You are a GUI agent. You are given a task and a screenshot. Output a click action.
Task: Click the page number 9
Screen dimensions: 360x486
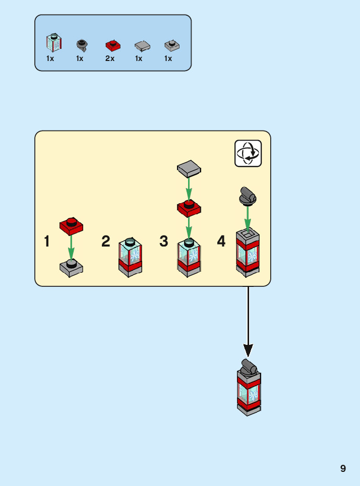tap(343, 468)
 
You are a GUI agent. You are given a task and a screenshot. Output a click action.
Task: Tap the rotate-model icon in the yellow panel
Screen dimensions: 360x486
tap(248, 153)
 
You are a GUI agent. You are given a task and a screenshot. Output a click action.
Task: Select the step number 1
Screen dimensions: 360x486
tap(47, 241)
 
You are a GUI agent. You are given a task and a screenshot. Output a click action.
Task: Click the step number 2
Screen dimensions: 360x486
tap(106, 241)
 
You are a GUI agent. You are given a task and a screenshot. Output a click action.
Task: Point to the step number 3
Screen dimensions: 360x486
tap(164, 241)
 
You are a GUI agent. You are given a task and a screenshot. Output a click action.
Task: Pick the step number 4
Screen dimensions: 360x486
tap(221, 241)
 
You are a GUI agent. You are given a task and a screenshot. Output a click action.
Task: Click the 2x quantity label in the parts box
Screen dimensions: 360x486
tap(110, 58)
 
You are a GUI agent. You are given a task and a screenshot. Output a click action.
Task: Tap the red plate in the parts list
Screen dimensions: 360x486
tap(113, 45)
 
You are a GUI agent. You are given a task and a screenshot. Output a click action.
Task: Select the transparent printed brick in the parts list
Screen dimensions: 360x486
tap(54, 42)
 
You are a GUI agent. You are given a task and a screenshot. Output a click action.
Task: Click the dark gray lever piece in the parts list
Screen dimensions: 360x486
tap(82, 45)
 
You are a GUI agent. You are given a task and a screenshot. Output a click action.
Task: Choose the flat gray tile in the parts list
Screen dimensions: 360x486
tap(142, 46)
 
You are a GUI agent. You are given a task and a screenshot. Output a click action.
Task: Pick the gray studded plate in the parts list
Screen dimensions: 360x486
tap(172, 45)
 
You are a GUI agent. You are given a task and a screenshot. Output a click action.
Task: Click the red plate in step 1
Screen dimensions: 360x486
tap(71, 226)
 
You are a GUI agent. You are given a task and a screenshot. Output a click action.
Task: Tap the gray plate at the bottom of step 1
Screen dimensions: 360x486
tap(71, 268)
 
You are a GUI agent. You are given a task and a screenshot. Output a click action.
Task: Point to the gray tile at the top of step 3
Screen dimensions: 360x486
tap(189, 168)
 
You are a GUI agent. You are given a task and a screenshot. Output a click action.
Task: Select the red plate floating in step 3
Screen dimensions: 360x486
tap(189, 208)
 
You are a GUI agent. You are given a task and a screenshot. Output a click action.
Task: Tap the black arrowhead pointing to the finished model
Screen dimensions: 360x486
tap(248, 350)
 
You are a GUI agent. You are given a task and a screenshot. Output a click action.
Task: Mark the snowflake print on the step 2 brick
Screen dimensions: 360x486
tap(135, 256)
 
